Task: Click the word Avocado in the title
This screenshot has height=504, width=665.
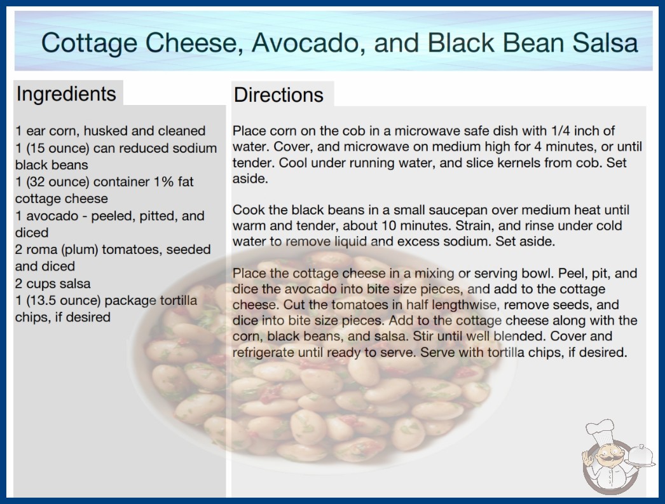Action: [x=308, y=43]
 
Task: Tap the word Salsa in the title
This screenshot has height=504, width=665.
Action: [x=605, y=43]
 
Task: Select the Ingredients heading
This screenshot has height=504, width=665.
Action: [x=66, y=94]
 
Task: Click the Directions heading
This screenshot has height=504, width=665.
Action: [x=278, y=95]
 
